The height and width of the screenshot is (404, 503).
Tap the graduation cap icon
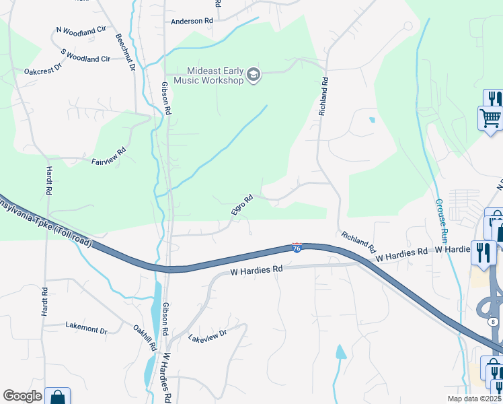pos(254,74)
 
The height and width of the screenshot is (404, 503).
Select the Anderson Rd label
pos(192,22)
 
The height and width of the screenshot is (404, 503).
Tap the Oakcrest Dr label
pos(42,68)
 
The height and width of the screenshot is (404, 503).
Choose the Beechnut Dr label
pos(126,53)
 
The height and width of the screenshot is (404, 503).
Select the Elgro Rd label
pos(242,205)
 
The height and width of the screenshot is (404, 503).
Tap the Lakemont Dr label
pos(86,329)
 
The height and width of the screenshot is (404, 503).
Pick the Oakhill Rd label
pos(145,337)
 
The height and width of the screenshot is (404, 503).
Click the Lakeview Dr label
pos(208,335)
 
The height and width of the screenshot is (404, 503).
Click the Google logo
pos(22,396)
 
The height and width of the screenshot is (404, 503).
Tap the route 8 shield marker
pos(494,322)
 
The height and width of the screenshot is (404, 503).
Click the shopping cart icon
pos(490,118)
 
